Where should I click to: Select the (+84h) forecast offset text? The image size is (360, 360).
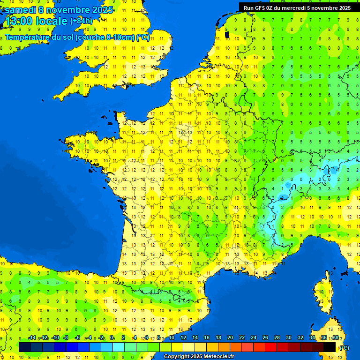pos(81,21)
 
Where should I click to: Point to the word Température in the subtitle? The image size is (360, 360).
pos(28,37)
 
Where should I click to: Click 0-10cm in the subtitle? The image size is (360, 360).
pos(120,37)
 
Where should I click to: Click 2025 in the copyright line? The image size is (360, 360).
pos(196,356)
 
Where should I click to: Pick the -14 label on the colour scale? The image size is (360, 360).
pos(32,337)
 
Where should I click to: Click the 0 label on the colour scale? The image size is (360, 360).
pos(112,337)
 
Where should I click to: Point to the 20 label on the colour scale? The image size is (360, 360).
pos(230,337)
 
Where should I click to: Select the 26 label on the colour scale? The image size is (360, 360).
pos(265,337)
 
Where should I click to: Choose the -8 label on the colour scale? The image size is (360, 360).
pos(66,337)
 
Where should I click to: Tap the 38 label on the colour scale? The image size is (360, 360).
pos(335,337)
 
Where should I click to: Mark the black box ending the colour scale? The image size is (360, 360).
pos(330,347)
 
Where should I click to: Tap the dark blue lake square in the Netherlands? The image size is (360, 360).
pos(227,34)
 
